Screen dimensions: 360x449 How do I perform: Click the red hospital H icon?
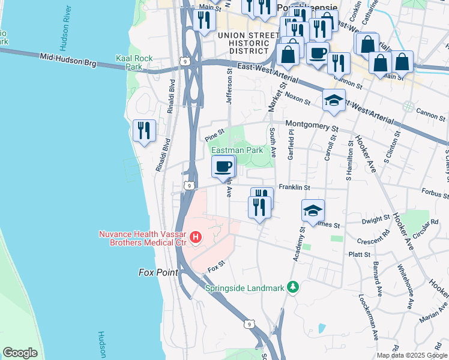195,238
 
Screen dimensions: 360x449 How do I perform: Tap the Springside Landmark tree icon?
293,287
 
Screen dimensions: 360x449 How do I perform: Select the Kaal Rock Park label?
134,62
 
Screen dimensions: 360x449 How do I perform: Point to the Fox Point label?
158,272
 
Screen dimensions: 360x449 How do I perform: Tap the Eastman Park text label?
237,151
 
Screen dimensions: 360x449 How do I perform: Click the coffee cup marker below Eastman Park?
223,167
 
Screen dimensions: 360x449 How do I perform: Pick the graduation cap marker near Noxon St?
333,100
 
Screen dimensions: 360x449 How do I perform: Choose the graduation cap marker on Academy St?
313,211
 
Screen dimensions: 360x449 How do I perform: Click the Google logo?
20,353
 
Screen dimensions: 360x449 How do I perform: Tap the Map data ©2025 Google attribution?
411,355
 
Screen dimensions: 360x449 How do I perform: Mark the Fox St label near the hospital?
216,263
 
